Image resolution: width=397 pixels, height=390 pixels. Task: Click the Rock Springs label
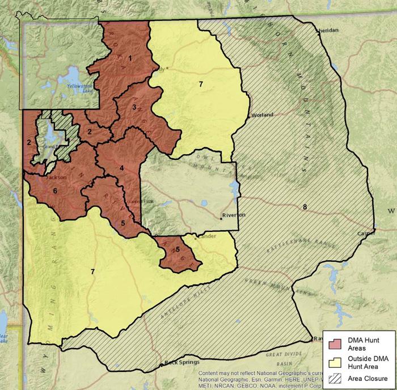[178, 362]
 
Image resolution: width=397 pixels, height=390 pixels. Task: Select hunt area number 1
[130, 57]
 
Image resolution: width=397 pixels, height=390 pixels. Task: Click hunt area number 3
[134, 107]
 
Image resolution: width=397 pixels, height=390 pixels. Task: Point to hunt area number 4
[121, 167]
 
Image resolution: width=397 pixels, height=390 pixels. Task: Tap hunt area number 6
[55, 191]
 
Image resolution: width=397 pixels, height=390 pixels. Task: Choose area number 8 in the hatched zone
[305, 207]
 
